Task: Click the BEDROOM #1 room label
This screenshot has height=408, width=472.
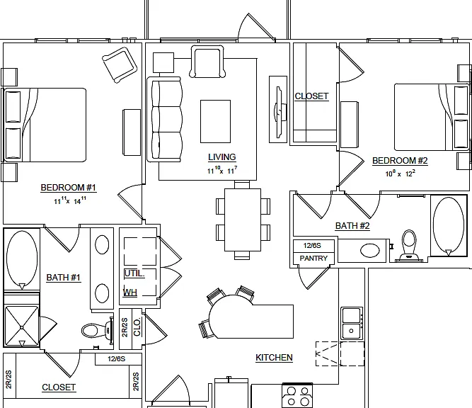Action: point(69,188)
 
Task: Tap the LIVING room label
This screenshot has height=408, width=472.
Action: point(222,157)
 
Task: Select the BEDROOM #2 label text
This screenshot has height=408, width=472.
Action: point(400,161)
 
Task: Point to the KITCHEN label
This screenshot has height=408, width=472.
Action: point(274,358)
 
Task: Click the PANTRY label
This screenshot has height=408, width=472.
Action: point(313,259)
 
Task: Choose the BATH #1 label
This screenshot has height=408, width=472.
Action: point(64,278)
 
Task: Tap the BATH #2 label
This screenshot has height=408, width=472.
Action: point(352,226)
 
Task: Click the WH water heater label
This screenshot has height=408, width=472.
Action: point(130,293)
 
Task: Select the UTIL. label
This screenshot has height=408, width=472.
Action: point(134,273)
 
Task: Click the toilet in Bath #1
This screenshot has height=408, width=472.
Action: point(97,330)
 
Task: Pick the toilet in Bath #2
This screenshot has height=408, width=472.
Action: point(409,245)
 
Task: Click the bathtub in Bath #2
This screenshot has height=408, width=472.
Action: point(449,225)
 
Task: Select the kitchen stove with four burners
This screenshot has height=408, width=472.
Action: point(297,396)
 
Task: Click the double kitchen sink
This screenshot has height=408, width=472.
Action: point(352,323)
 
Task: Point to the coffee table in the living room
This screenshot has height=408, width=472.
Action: point(216,121)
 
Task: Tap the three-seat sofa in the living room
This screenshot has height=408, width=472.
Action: point(164,120)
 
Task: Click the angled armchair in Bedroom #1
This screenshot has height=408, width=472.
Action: point(120,65)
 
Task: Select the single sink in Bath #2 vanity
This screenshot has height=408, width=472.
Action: point(370,251)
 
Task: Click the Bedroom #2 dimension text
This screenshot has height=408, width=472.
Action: point(401,174)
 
